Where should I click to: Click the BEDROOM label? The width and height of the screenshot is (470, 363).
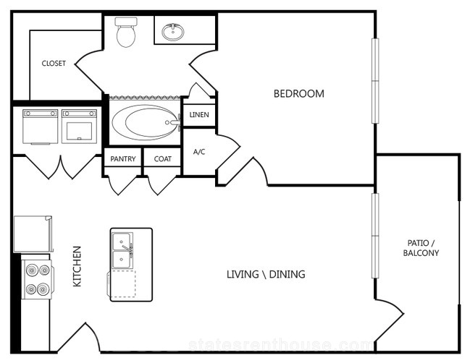(299, 94)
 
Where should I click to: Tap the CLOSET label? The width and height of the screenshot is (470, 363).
(54, 64)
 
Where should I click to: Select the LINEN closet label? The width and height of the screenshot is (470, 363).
(199, 115)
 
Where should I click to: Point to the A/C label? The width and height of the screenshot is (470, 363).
(199, 152)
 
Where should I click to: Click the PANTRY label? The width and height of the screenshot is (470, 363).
(123, 159)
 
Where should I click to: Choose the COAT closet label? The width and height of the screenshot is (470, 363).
(163, 159)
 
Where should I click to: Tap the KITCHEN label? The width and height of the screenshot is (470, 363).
(77, 266)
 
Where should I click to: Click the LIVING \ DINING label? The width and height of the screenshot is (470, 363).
(266, 274)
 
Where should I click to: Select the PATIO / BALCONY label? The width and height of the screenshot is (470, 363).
(421, 248)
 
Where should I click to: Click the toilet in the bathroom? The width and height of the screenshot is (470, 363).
(126, 32)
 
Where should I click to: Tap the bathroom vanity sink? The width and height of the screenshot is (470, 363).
(173, 32)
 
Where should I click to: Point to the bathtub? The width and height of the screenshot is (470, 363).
(145, 122)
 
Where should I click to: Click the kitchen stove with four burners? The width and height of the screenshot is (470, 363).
(38, 279)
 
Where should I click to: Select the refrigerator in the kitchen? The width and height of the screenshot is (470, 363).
(33, 234)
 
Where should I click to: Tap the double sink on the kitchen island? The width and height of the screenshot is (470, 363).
(122, 251)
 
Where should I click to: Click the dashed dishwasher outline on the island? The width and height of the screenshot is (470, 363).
(122, 284)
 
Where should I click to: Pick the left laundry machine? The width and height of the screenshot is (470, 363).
(40, 127)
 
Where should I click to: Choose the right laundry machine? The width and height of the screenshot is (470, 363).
(79, 127)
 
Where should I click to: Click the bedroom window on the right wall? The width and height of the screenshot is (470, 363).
(375, 81)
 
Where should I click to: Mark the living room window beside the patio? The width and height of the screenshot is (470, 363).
(375, 236)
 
